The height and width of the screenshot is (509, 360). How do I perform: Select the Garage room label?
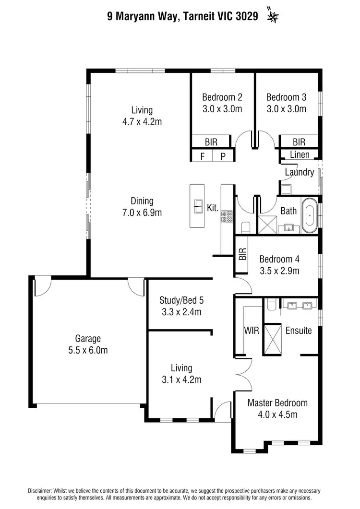(87, 338)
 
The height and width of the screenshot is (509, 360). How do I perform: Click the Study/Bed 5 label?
(181, 301)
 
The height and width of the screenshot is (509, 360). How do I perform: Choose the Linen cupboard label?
(300, 155)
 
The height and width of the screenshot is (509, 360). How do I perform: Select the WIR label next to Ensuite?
(252, 331)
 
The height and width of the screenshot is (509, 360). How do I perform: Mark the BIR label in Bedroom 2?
(211, 142)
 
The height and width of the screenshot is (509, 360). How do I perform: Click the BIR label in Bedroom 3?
(299, 142)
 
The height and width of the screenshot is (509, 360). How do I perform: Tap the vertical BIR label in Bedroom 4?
(242, 254)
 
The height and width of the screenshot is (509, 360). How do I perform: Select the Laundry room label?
(299, 172)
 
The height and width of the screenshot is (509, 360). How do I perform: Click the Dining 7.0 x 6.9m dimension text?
(142, 213)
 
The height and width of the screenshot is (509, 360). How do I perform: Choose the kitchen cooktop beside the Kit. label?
(227, 216)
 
